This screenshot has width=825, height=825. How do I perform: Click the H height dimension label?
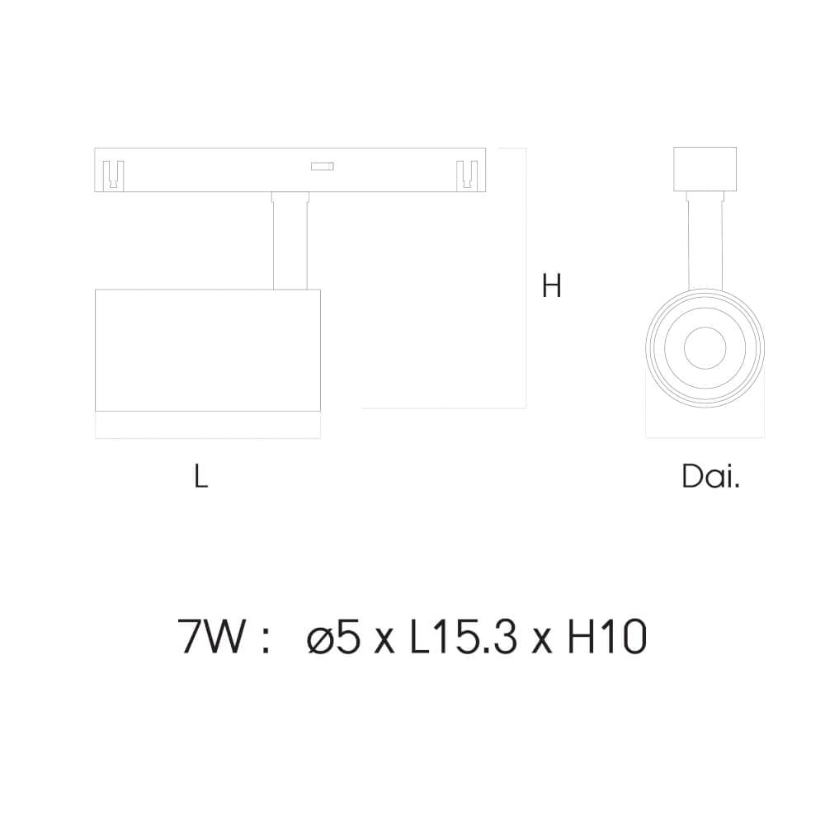pyautogui.click(x=552, y=285)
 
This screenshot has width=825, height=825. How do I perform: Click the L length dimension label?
pyautogui.click(x=200, y=476)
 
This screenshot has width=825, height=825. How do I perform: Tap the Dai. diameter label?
pyautogui.click(x=710, y=476)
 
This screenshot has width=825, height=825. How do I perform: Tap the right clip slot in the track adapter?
pyautogui.click(x=467, y=174)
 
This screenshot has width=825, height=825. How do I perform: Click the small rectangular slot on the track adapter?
pyautogui.click(x=321, y=166)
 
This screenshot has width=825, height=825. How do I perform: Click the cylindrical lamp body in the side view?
pyautogui.click(x=208, y=350)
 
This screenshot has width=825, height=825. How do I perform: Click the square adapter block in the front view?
pyautogui.click(x=705, y=169)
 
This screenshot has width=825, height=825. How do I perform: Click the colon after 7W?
pyautogui.click(x=265, y=640)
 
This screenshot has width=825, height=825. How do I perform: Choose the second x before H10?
pyautogui.click(x=542, y=642)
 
